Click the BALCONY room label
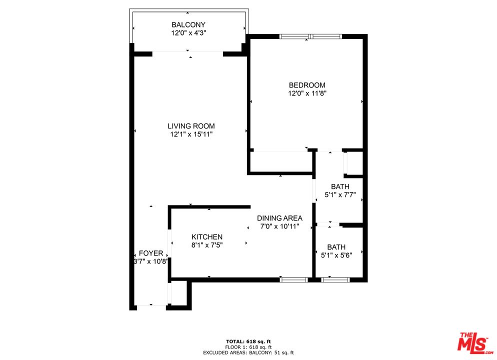(188, 24)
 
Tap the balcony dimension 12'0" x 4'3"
(188, 33)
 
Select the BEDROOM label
(307, 85)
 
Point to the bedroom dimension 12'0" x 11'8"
(307, 93)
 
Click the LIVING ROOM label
(191, 126)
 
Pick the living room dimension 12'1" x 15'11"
(191, 134)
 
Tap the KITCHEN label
(207, 237)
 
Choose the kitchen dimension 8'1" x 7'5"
(207, 245)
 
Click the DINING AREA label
(279, 218)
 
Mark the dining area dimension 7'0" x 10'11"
(279, 226)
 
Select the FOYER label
(151, 253)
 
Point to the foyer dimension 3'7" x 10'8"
(150, 261)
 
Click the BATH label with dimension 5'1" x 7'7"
(340, 186)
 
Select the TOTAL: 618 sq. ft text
(248, 341)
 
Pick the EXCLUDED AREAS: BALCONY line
(248, 352)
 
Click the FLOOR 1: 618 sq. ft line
(248, 347)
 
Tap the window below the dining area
(293, 279)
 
